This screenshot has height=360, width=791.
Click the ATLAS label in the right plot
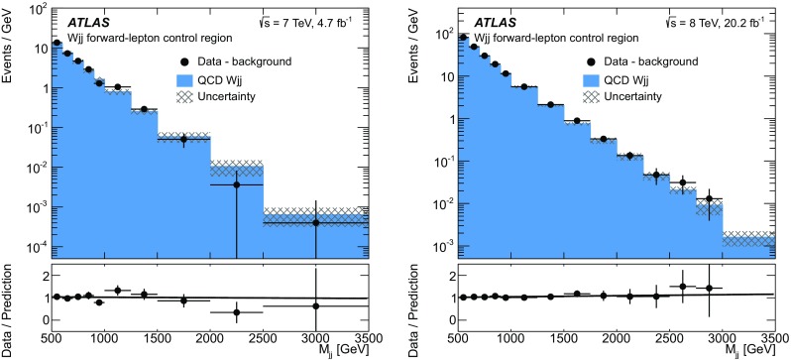[489, 22]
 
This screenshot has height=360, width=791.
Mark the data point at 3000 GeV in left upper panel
[316, 222]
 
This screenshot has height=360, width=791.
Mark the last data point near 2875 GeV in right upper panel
[709, 199]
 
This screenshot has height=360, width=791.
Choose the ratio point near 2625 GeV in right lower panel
[682, 287]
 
